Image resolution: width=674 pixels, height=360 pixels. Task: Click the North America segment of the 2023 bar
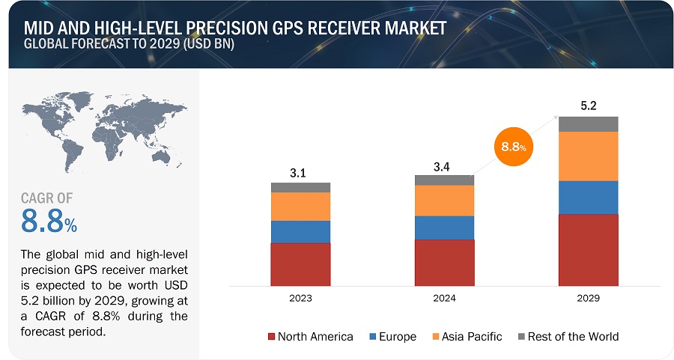click(300, 263)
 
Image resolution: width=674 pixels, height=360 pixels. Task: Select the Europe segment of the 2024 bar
click(444, 228)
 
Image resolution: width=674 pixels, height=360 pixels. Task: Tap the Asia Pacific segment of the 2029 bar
click(588, 156)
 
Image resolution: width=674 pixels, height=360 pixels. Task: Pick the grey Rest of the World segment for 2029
click(588, 124)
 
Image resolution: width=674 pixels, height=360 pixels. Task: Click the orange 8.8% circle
click(511, 147)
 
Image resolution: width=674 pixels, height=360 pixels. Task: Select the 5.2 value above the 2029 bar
click(588, 106)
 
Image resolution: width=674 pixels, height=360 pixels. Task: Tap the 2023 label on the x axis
click(300, 298)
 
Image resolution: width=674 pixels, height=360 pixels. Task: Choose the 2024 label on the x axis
click(444, 298)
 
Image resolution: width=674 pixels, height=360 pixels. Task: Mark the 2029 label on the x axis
click(588, 298)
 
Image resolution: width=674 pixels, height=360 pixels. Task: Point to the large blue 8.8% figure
click(48, 222)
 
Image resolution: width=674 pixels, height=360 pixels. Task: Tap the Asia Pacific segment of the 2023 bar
click(300, 207)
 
